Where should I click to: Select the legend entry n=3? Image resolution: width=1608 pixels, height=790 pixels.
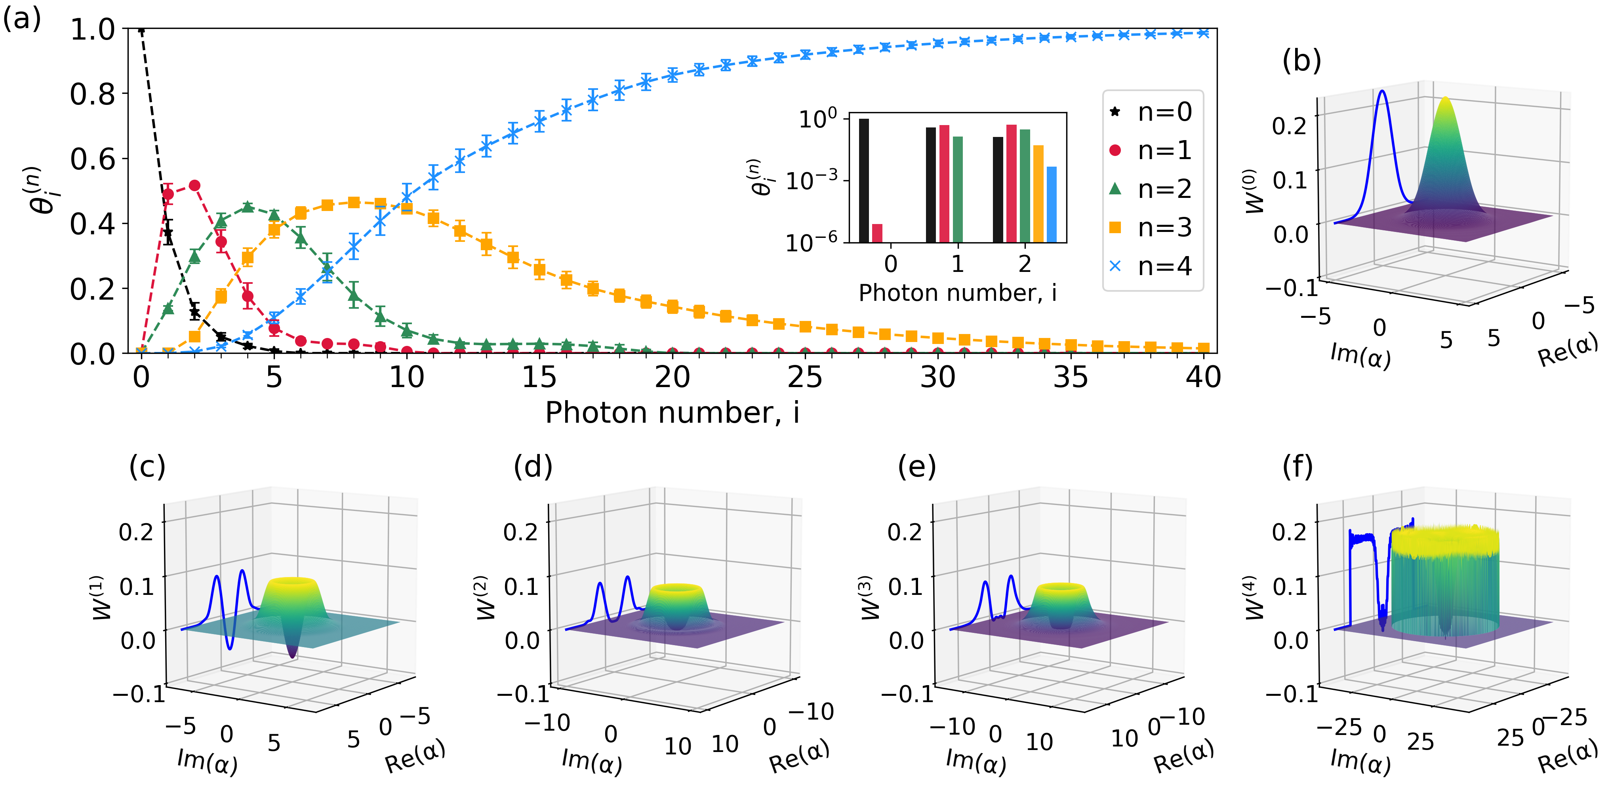pos(1152,228)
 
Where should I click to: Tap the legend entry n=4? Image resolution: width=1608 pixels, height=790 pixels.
pos(1152,266)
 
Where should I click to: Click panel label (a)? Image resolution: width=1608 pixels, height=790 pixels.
pos(22,19)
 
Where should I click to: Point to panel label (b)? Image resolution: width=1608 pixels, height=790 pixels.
pos(1301,61)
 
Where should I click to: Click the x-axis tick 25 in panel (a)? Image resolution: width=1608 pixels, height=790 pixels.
pos(805,377)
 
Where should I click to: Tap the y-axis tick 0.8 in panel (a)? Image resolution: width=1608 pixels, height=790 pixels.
pos(92,94)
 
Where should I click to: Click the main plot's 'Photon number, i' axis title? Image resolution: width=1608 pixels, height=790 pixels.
pos(672,412)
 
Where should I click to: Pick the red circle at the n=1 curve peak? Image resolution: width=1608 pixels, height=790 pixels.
pos(194,185)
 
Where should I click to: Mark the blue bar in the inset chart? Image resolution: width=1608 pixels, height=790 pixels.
pos(1052,204)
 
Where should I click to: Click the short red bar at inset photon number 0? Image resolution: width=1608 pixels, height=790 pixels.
pos(877,233)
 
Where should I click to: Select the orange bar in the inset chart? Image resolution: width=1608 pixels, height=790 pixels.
pos(1038,194)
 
